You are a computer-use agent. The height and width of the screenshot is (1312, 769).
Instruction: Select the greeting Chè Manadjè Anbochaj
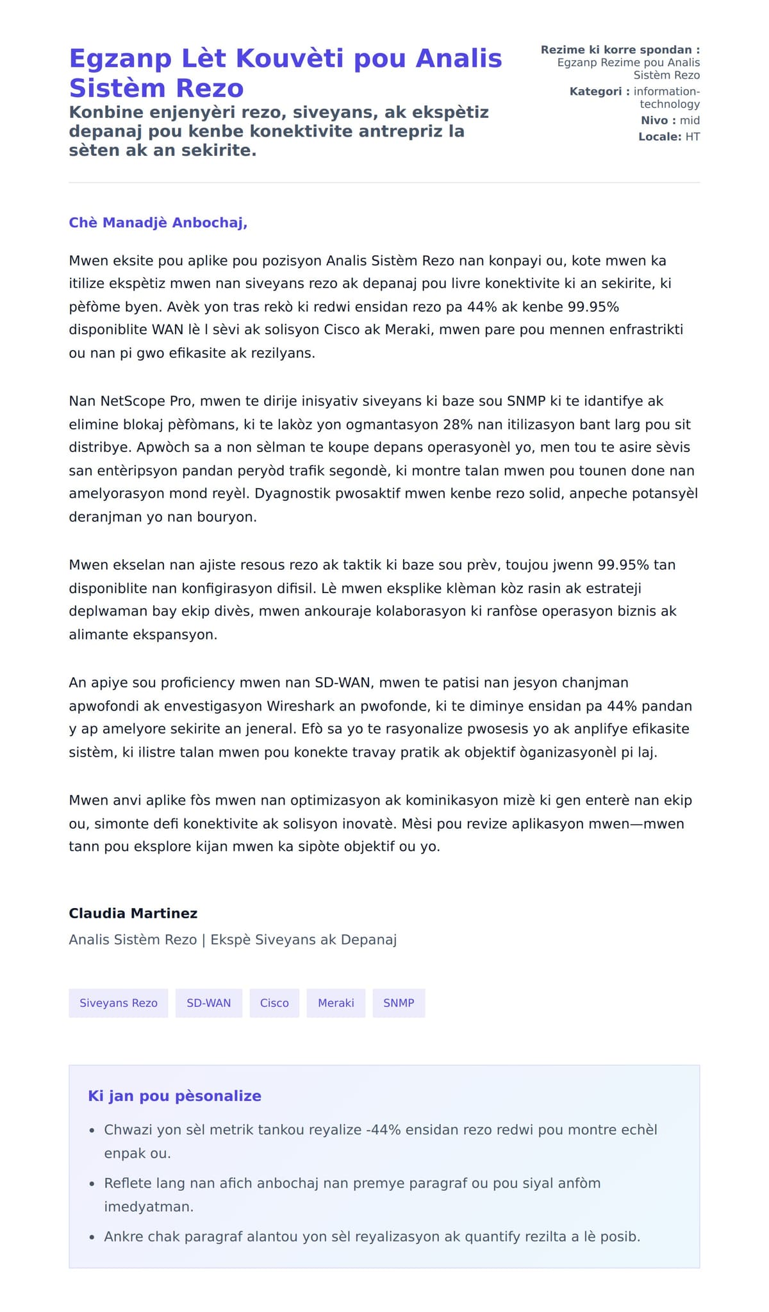click(x=158, y=223)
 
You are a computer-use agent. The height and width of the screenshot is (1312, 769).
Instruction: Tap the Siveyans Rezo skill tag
click(x=119, y=1003)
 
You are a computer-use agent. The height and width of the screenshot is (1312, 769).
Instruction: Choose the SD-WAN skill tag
click(x=209, y=1003)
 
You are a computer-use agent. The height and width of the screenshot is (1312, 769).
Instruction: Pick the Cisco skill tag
click(x=274, y=1003)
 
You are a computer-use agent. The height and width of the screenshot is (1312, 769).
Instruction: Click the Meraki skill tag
click(x=336, y=1003)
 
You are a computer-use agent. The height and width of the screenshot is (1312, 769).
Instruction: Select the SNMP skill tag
click(x=399, y=1003)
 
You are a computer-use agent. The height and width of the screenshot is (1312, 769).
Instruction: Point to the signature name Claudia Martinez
click(x=133, y=913)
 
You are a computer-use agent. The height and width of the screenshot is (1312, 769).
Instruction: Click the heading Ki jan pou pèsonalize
click(x=174, y=1096)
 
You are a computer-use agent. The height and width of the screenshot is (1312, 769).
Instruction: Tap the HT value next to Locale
click(x=692, y=137)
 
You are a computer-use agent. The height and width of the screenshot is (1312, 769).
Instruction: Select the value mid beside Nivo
click(x=690, y=121)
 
